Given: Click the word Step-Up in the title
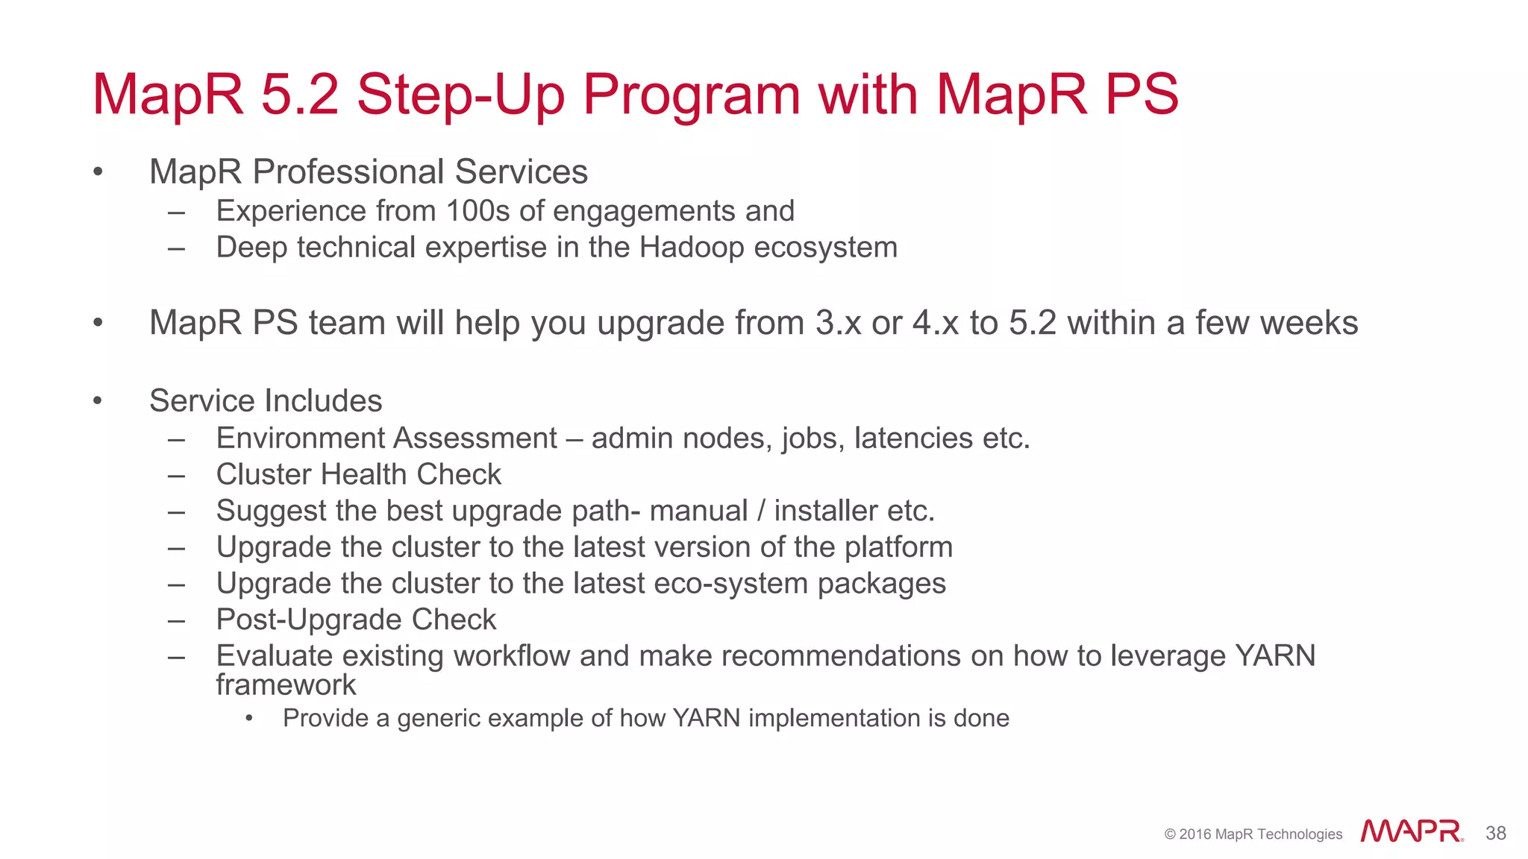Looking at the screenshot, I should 460,95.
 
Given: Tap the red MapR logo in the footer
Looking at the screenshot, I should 1411,831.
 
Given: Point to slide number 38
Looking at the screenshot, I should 1495,833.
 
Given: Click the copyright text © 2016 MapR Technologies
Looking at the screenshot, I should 1253,834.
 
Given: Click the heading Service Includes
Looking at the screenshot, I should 266,401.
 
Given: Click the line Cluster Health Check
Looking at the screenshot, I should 358,475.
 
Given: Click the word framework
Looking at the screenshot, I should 286,685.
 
